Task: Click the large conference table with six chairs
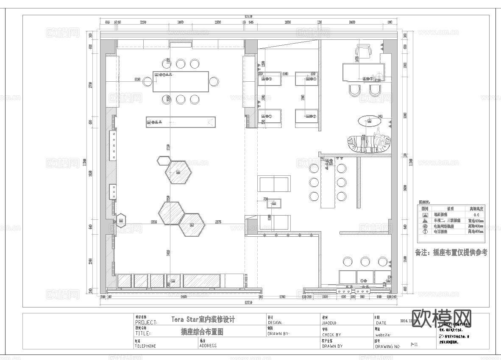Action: click(x=181, y=81)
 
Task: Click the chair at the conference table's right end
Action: click(x=214, y=81)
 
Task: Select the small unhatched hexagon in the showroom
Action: click(x=163, y=161)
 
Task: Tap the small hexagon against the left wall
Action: click(x=121, y=220)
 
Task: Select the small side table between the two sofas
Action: click(x=273, y=204)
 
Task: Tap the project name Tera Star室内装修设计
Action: click(x=203, y=319)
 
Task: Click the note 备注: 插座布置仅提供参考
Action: click(x=451, y=252)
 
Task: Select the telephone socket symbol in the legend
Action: click(x=425, y=232)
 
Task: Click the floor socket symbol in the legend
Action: click(x=425, y=215)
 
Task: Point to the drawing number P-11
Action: click(x=414, y=345)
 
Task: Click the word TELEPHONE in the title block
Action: click(x=145, y=346)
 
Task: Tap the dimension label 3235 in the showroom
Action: click(x=154, y=222)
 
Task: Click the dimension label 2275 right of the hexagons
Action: click(x=219, y=222)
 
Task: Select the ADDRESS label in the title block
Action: click(x=208, y=346)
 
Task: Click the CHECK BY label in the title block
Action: click(x=331, y=335)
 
